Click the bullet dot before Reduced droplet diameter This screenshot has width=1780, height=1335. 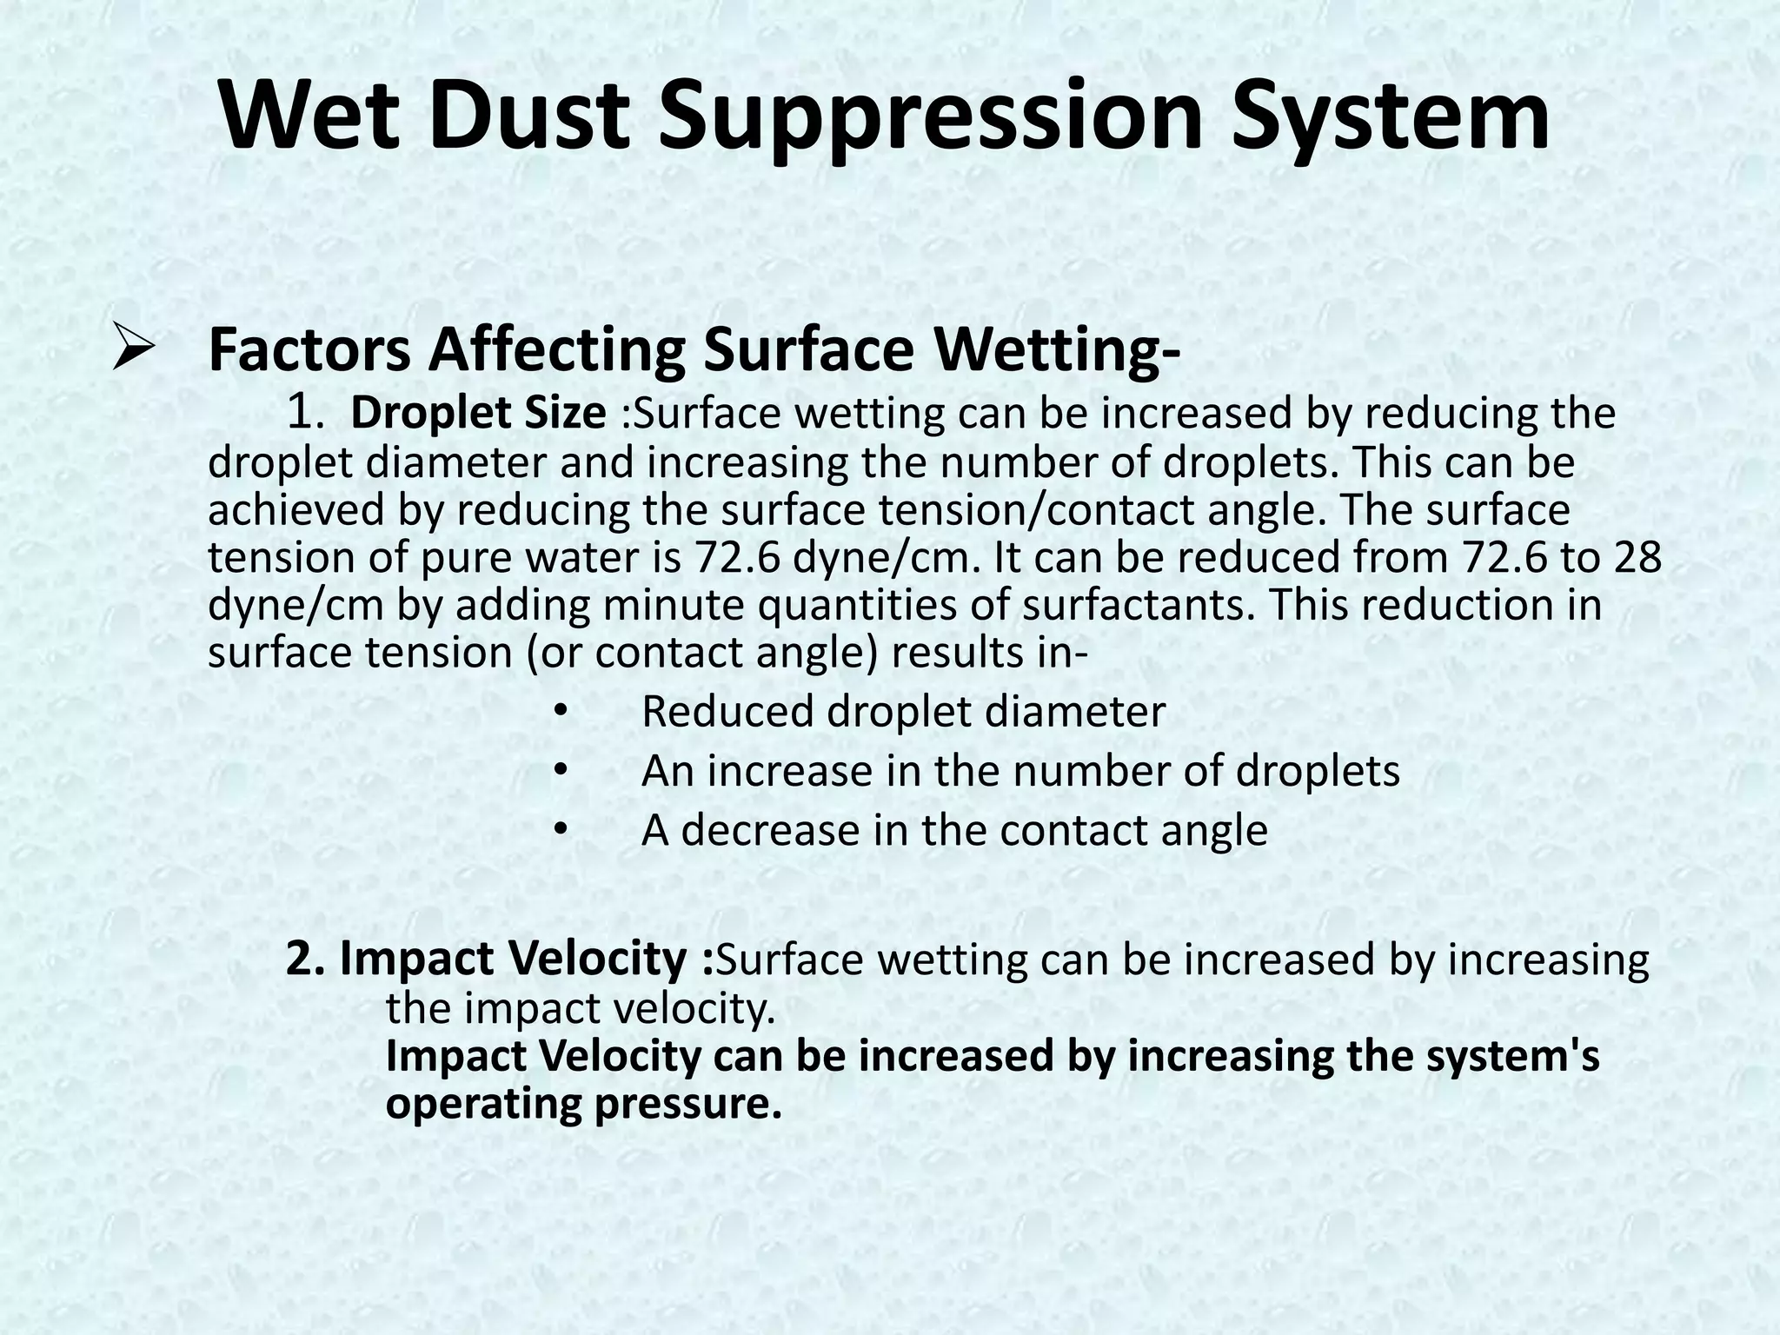[561, 713]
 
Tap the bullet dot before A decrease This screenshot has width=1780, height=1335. [561, 831]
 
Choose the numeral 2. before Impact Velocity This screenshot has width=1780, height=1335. [307, 958]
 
